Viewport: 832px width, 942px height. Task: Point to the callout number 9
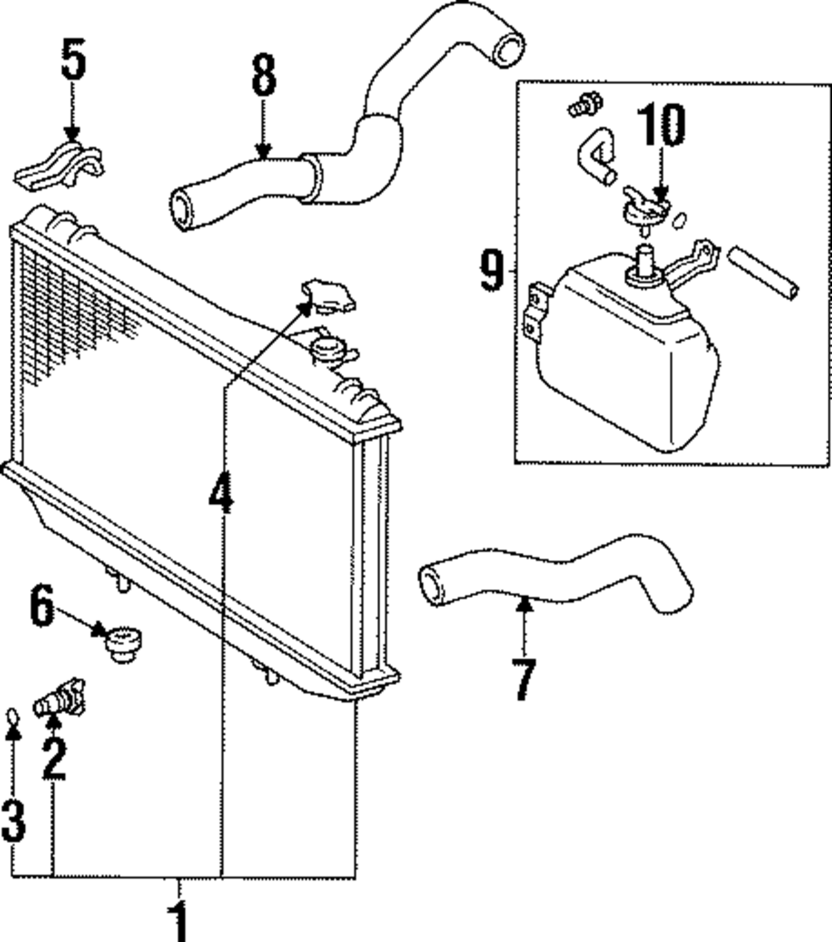[x=492, y=270]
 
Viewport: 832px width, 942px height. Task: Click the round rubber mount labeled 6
[x=124, y=645]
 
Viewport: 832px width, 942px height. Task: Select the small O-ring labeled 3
[x=12, y=715]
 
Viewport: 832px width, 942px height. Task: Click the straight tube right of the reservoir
[x=766, y=271]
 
